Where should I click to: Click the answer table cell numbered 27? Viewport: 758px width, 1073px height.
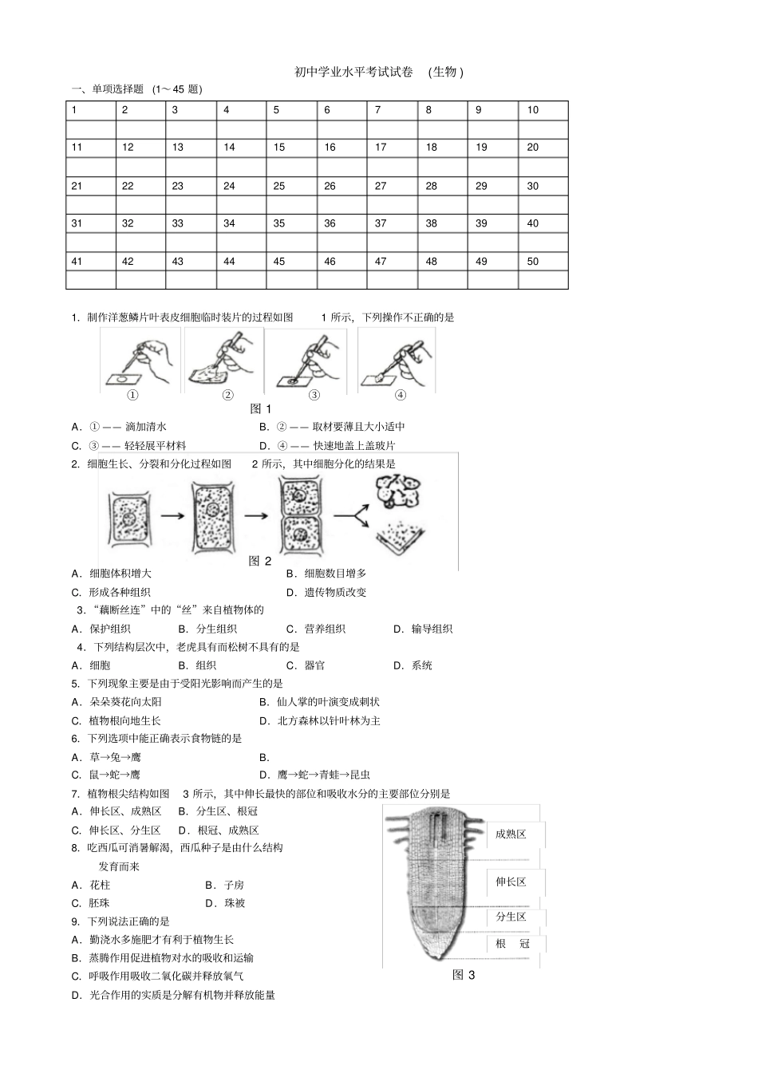[x=391, y=186]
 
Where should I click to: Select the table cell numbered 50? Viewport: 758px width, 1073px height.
[x=543, y=261]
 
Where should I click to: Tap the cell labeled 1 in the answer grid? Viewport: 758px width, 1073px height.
[x=90, y=110]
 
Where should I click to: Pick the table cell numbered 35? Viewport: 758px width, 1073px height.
[x=290, y=223]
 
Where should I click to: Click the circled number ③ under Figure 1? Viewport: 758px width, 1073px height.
[x=314, y=395]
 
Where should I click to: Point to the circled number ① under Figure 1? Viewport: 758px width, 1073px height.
[x=132, y=395]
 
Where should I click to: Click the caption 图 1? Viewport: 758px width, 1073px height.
[x=261, y=408]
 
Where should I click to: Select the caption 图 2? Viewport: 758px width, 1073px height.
[x=261, y=561]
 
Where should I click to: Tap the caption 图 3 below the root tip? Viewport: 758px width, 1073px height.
[x=464, y=974]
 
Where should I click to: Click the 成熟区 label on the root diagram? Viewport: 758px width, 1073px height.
[x=511, y=834]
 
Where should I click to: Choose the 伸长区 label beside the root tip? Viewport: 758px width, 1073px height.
[x=511, y=882]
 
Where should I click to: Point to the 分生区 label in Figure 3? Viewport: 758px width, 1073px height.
[x=511, y=917]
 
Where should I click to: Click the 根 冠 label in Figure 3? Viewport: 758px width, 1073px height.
[x=512, y=944]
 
